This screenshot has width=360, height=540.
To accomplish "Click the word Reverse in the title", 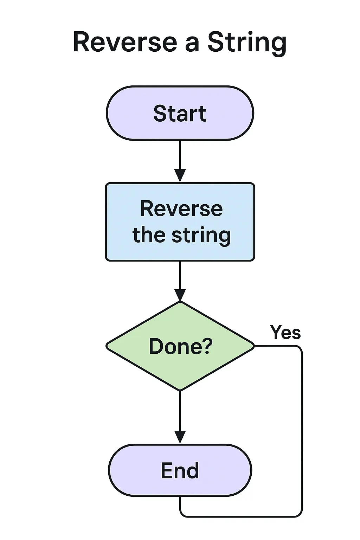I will coord(125,42).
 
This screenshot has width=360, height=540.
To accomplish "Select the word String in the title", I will coord(247,42).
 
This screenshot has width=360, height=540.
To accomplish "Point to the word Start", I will coord(180,114).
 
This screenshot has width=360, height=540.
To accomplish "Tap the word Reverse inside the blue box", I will coord(181,208).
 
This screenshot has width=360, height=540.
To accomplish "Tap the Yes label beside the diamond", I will coord(285,332).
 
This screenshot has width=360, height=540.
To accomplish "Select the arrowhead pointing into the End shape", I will coord(180,437).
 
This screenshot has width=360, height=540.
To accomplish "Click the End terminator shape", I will coord(127,470).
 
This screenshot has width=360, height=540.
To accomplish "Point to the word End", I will coord(180,470).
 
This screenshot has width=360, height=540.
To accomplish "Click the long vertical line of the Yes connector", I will coord(302,432).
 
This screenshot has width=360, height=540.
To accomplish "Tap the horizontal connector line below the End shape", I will coord(243,516).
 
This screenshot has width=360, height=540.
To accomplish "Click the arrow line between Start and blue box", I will coord(180,155).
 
